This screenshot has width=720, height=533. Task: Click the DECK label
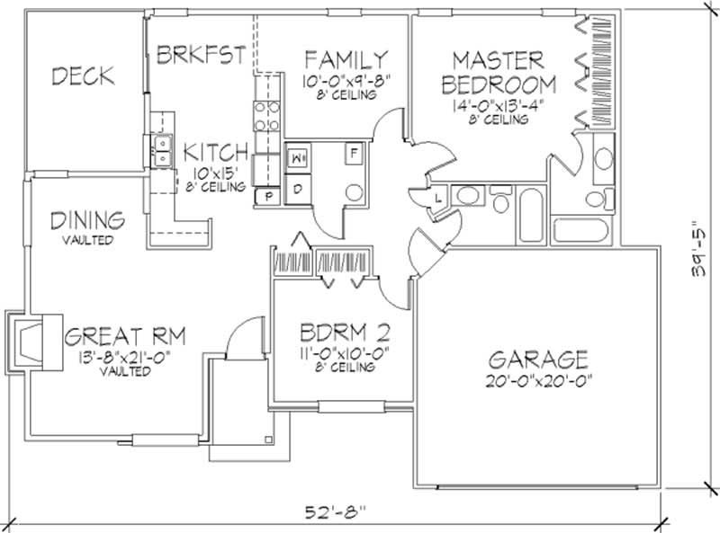tap(83, 76)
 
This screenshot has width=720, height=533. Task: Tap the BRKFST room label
tap(201, 55)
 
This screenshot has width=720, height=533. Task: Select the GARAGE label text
tap(538, 360)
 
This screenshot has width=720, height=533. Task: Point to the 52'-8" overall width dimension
tap(337, 511)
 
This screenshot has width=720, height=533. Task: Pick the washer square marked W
tap(298, 158)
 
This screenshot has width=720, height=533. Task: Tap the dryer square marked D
tap(298, 189)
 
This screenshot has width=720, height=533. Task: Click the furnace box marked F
tap(354, 153)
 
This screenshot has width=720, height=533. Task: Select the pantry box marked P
tap(269, 197)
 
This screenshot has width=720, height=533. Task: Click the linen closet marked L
tap(438, 198)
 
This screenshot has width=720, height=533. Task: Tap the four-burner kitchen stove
tap(266, 117)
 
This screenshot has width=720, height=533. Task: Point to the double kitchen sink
tap(163, 151)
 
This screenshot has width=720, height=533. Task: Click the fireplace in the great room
tap(34, 342)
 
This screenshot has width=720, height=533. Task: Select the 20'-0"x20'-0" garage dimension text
tap(538, 381)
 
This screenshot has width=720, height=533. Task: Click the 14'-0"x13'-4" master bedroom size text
tap(498, 105)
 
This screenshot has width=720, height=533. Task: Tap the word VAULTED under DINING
tap(87, 240)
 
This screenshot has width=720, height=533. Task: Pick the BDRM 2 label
tap(345, 333)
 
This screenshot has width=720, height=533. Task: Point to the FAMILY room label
tap(346, 60)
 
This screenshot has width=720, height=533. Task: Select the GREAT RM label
tap(125, 336)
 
